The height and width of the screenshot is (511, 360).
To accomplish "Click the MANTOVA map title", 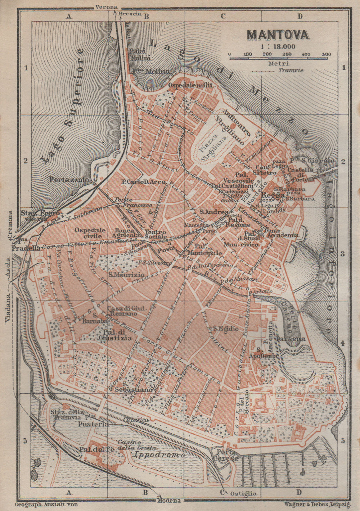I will tap(278, 35).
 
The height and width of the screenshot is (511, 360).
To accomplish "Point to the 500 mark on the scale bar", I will tap(326, 54).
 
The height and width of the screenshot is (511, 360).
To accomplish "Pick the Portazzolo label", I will tap(69, 179).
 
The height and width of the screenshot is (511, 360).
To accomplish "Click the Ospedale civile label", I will tap(90, 233).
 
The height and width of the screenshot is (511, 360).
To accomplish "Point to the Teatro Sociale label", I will tap(156, 235).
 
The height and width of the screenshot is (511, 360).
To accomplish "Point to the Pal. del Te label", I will tap(92, 449).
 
